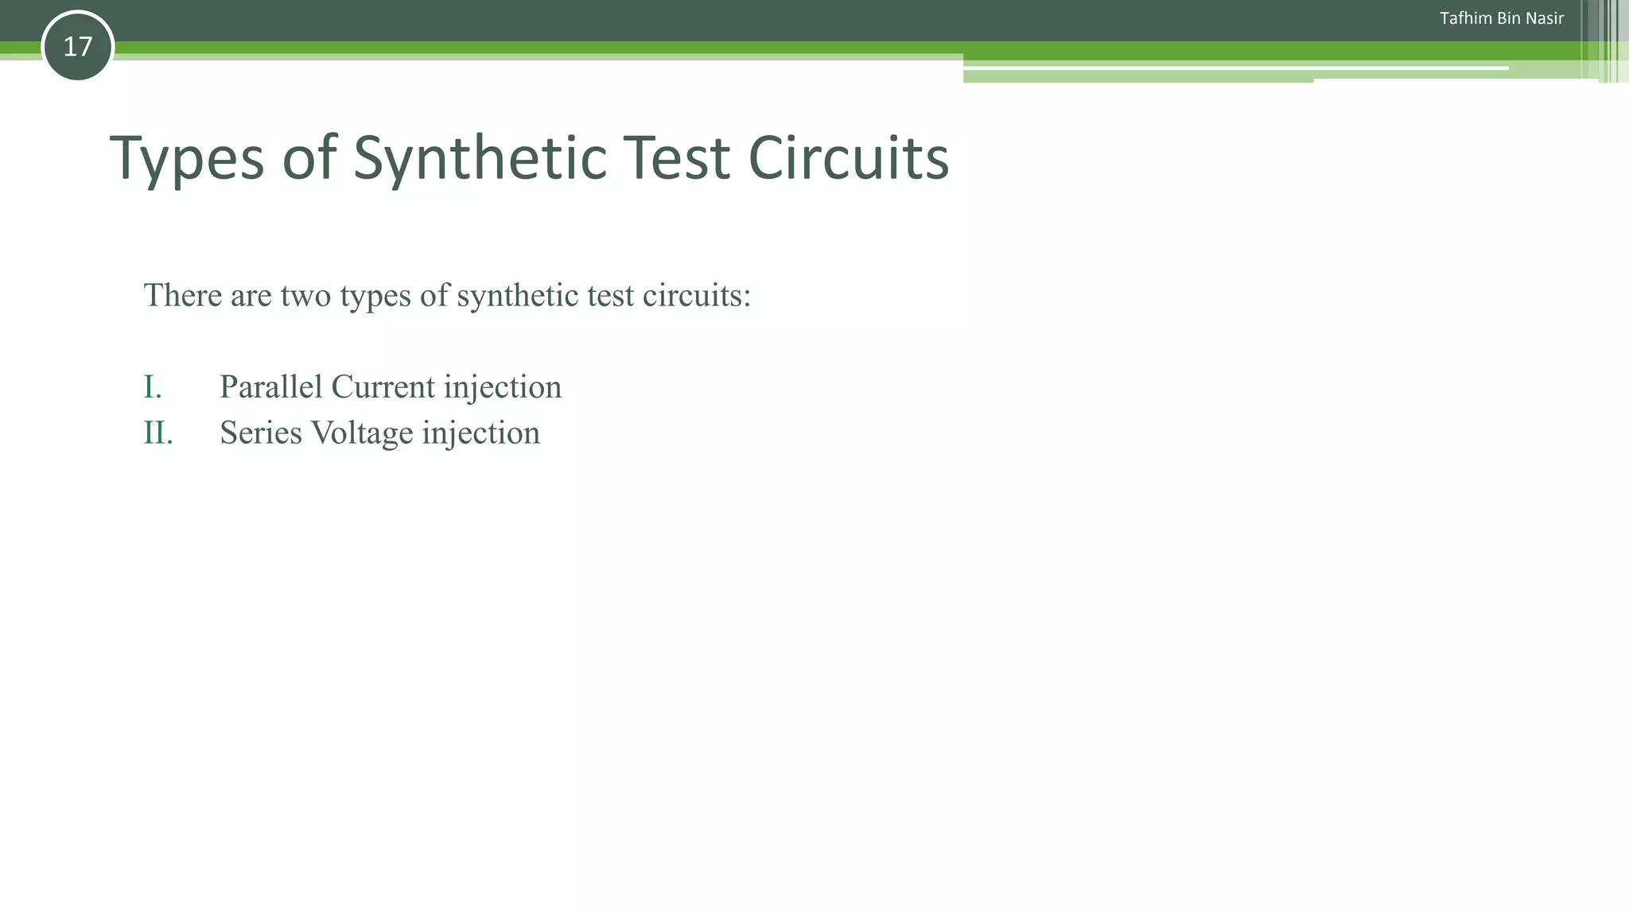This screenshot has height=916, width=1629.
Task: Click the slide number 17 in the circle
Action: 77,47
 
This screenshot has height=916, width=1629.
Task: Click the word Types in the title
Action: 186,157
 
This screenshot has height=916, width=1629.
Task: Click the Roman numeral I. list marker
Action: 153,387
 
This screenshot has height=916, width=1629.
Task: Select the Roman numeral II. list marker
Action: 157,433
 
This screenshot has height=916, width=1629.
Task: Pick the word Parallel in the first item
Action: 271,387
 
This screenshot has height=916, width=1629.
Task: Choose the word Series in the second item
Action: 261,433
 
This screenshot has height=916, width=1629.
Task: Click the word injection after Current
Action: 503,387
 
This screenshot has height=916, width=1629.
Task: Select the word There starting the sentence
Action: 183,296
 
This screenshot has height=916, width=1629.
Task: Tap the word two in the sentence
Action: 305,296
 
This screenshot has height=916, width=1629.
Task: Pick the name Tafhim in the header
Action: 1465,18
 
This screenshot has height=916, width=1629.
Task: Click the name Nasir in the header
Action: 1545,18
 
